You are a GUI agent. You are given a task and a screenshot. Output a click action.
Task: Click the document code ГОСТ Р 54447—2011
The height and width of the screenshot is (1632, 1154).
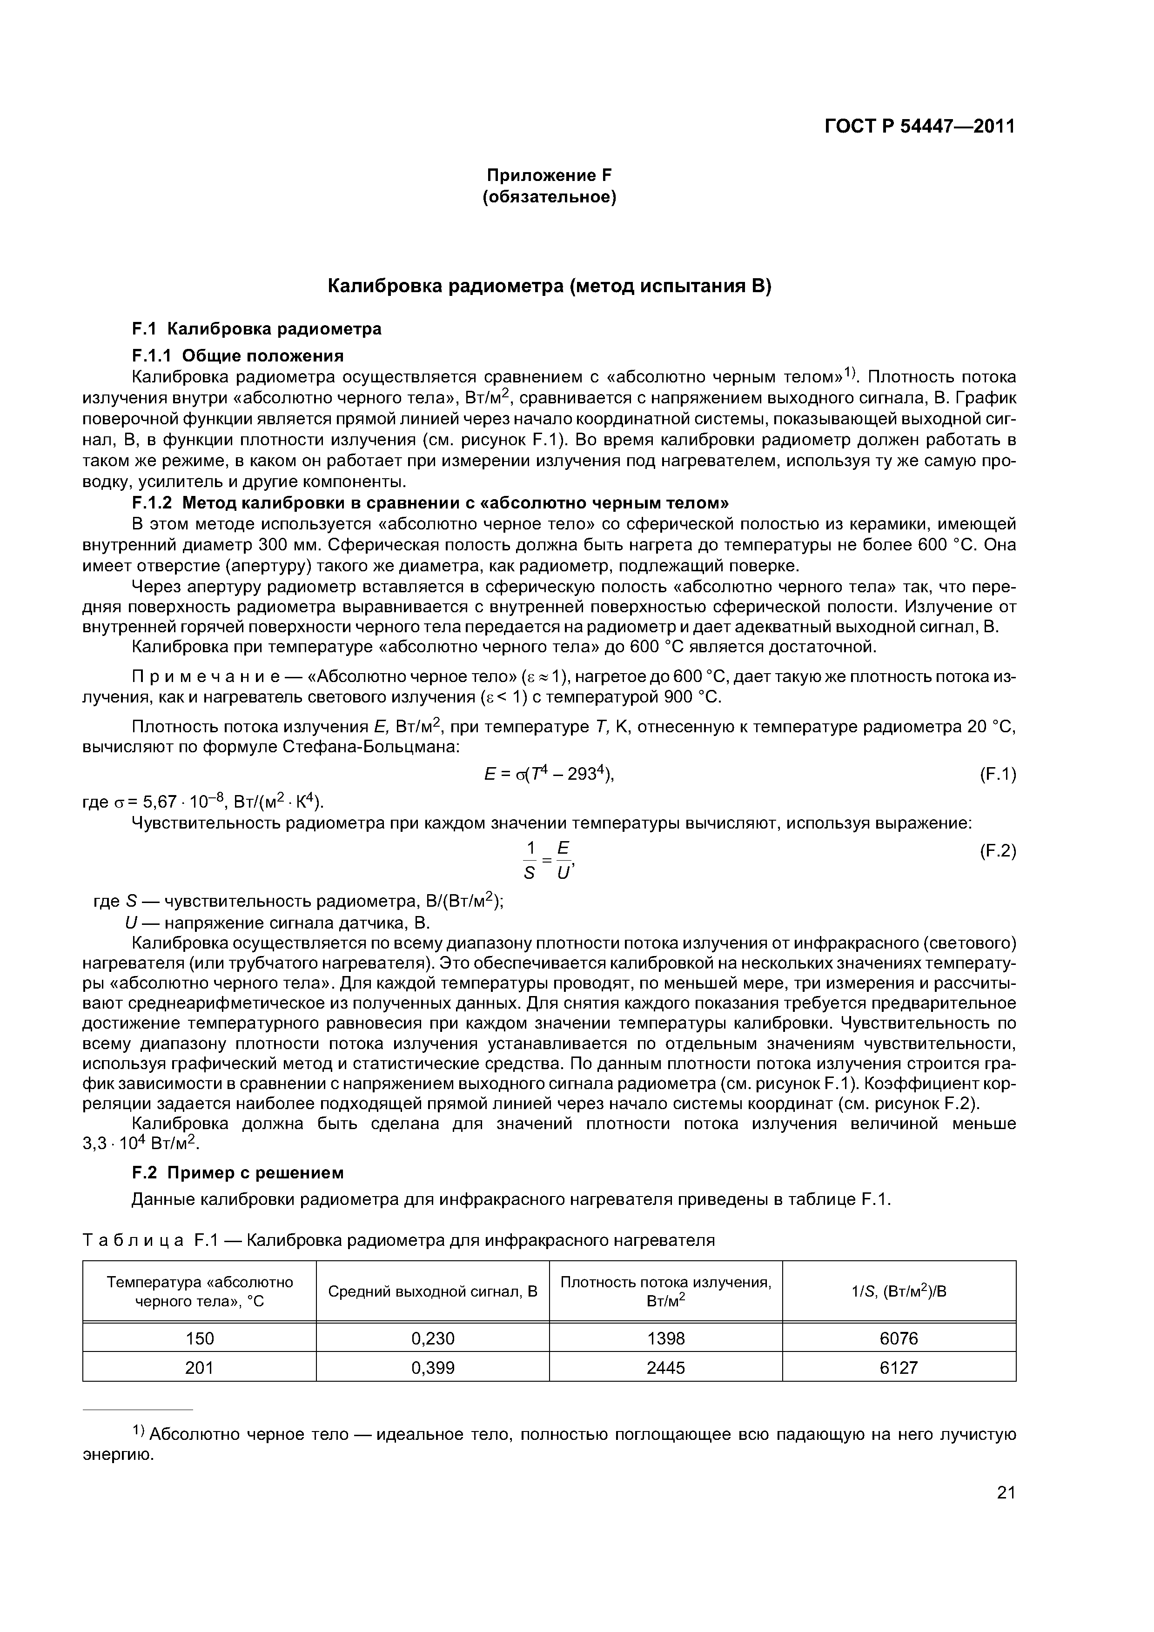[919, 127]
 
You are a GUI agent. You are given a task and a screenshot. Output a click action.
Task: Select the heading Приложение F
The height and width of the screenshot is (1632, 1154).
[549, 175]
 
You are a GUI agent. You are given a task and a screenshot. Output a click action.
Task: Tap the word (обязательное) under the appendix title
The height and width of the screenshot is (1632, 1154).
[549, 196]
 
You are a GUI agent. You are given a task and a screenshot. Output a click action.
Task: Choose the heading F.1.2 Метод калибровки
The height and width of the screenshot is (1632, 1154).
[430, 502]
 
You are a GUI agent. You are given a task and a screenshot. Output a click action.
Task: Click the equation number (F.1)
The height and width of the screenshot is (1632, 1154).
[998, 774]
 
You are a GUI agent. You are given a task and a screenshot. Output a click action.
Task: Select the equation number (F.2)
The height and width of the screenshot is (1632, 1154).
[998, 851]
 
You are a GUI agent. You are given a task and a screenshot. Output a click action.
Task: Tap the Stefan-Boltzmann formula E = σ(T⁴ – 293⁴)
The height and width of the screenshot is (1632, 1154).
[548, 774]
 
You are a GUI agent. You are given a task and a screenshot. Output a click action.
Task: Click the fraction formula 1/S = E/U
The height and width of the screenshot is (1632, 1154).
[548, 860]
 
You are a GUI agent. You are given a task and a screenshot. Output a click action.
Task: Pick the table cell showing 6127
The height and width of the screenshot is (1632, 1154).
[899, 1368]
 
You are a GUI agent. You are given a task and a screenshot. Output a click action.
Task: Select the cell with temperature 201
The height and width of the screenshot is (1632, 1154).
[199, 1368]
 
